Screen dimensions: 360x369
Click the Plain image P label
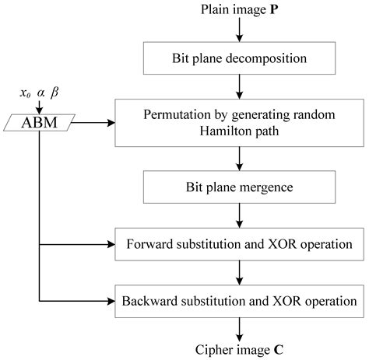(241, 10)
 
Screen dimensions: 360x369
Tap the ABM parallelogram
(39, 121)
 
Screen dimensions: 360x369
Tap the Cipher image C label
(241, 349)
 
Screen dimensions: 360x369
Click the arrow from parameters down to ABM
(39, 106)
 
